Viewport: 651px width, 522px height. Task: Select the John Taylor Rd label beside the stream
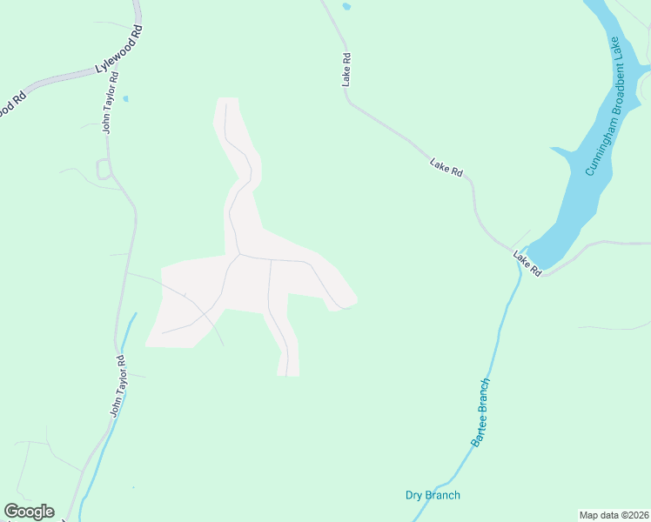click(117, 386)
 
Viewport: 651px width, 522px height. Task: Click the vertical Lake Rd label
click(346, 70)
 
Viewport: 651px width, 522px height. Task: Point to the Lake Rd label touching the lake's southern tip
click(527, 263)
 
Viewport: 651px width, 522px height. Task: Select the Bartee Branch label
click(481, 412)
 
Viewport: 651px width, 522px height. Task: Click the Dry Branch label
click(433, 496)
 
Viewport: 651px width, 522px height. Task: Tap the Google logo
click(30, 512)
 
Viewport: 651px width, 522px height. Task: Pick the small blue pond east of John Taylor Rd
click(126, 99)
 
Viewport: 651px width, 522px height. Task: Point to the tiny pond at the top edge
click(346, 7)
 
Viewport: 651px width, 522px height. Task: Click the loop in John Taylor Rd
click(104, 171)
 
